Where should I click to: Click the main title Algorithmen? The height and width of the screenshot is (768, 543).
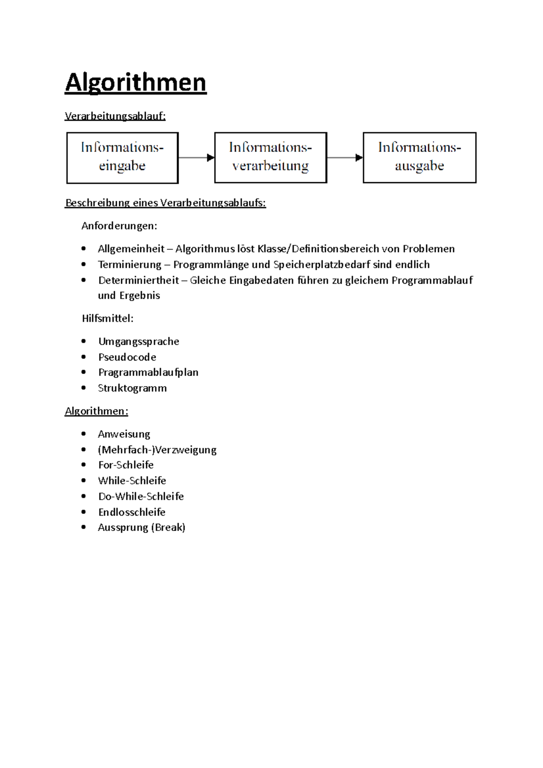[x=135, y=83]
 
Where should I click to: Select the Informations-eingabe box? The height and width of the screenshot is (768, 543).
[x=122, y=157]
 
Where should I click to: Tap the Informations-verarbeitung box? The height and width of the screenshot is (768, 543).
[x=271, y=157]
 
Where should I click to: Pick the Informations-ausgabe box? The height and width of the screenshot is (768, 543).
[x=419, y=157]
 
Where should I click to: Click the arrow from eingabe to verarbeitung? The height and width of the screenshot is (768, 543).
[x=196, y=157]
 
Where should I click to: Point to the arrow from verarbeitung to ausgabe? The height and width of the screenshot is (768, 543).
[x=345, y=157]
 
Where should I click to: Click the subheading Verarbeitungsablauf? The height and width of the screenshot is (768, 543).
[x=115, y=116]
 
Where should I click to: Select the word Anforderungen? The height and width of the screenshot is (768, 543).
[x=119, y=226]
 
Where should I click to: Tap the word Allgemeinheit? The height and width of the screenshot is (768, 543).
[x=131, y=249]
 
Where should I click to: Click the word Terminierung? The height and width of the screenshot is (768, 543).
[x=130, y=265]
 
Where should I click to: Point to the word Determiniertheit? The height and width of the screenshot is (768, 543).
[x=138, y=280]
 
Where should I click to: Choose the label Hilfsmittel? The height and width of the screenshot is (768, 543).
[x=108, y=318]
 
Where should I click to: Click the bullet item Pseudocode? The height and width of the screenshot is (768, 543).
[x=127, y=357]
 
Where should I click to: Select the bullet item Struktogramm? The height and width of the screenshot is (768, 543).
[x=132, y=388]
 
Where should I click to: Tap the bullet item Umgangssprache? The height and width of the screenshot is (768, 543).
[x=138, y=341]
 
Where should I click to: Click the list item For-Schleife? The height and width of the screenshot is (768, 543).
[x=126, y=465]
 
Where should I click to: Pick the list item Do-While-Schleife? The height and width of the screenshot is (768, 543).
[x=141, y=496]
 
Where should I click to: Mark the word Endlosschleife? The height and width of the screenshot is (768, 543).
[x=132, y=512]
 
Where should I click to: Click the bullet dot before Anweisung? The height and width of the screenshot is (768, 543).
[x=83, y=434]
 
